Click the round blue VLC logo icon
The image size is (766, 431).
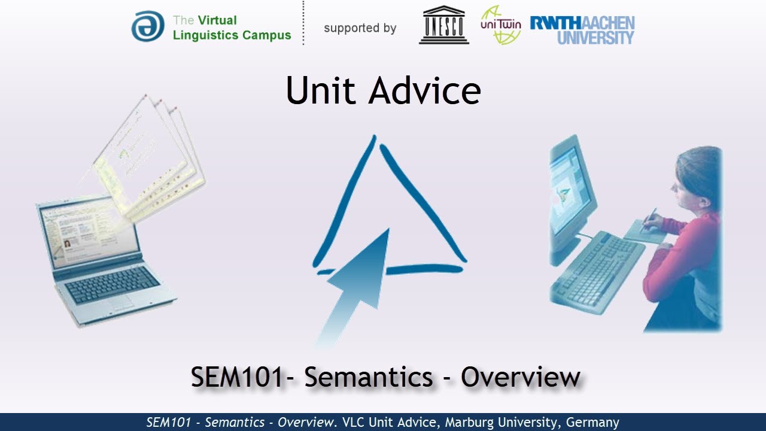[x=147, y=26]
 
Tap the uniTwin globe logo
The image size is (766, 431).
[x=500, y=25]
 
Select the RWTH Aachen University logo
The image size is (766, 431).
[x=582, y=30]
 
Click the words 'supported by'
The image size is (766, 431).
[x=360, y=28]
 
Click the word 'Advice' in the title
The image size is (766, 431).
[x=424, y=91]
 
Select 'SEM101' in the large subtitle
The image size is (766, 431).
[x=236, y=377]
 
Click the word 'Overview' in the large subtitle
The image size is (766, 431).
[x=521, y=377]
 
